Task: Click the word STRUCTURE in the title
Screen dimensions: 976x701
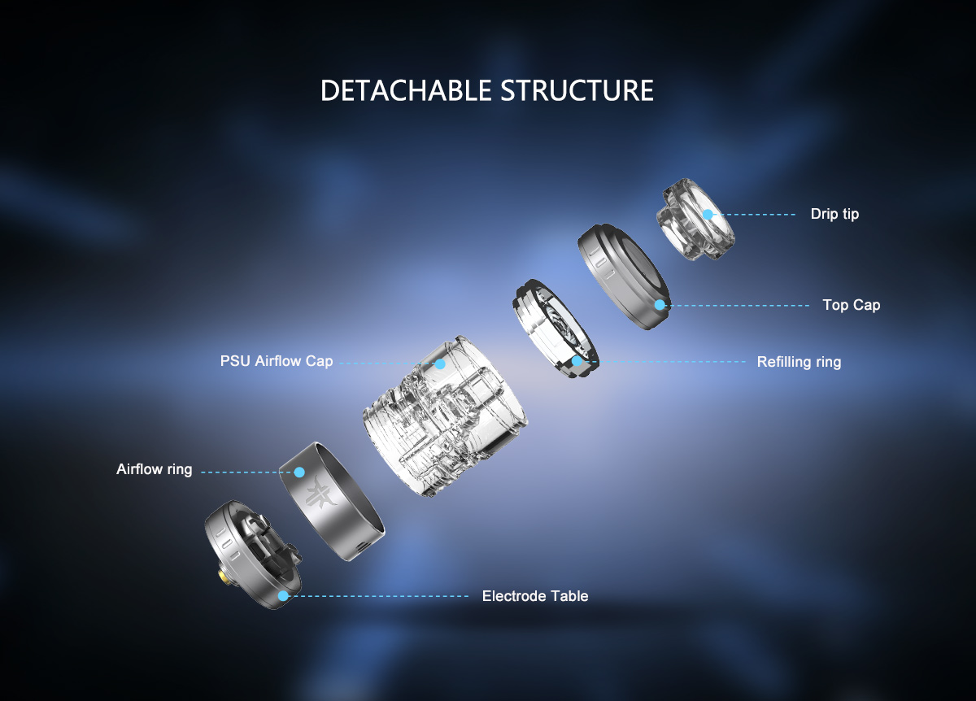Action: (577, 90)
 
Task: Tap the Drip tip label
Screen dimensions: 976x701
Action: (834, 215)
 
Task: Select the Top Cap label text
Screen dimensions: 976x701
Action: (852, 305)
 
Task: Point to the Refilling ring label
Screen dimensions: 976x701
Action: (799, 362)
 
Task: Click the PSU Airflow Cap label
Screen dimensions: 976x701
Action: (277, 361)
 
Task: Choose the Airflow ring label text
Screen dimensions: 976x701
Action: (155, 469)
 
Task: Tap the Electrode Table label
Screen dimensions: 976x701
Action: (535, 596)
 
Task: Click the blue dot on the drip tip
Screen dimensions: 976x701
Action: (708, 215)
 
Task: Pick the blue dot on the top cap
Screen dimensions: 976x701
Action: (660, 305)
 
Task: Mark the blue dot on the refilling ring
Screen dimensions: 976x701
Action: (577, 361)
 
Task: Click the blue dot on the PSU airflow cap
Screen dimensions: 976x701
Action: (440, 364)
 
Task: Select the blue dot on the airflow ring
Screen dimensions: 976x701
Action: (299, 472)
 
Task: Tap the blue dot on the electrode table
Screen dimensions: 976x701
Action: (283, 596)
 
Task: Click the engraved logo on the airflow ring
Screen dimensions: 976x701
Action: (320, 493)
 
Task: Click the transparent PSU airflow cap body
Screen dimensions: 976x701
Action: (445, 416)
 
